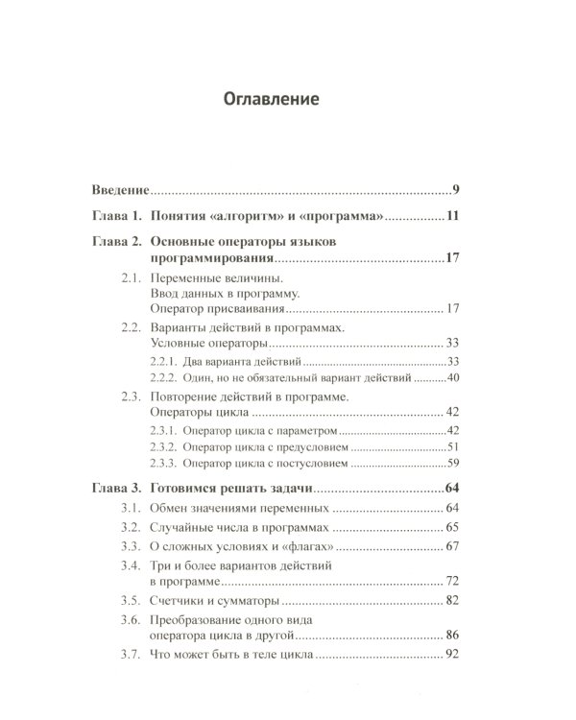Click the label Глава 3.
point(116,488)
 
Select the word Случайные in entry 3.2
point(182,527)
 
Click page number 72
point(454,582)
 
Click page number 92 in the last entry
point(454,655)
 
